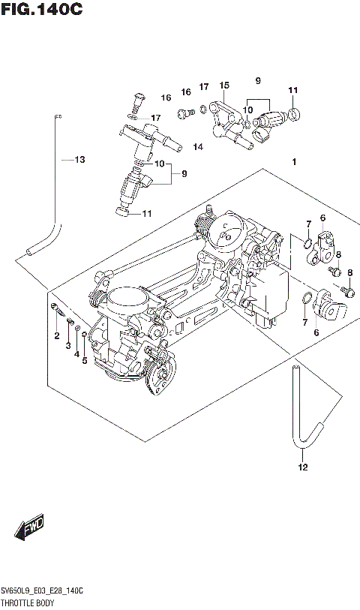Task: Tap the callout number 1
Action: (295, 162)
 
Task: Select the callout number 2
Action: (56, 335)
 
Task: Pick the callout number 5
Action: (85, 361)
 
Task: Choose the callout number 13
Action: (79, 159)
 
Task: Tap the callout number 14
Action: (198, 146)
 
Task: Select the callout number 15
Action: (223, 86)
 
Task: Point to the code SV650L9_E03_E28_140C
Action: (43, 592)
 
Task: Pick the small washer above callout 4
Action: (78, 329)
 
